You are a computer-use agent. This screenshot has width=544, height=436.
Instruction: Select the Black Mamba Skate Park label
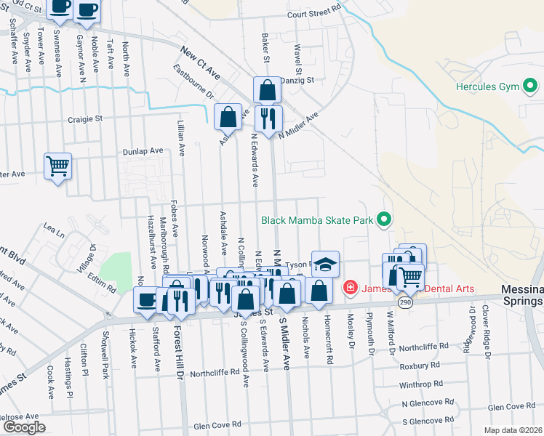tap(318, 219)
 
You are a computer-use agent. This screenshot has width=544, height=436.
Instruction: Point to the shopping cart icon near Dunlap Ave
tap(57, 165)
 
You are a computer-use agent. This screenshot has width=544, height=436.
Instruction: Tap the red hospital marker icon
tap(351, 288)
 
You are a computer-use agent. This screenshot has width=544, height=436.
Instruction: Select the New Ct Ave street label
tap(201, 62)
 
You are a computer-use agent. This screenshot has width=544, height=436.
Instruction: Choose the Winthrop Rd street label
tap(421, 385)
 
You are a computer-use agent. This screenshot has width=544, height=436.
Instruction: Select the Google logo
tap(25, 427)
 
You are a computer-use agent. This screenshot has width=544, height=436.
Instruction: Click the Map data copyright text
tap(513, 430)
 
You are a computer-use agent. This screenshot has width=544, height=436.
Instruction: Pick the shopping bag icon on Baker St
tap(267, 90)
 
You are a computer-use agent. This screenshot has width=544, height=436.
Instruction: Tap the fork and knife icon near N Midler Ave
tap(268, 117)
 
